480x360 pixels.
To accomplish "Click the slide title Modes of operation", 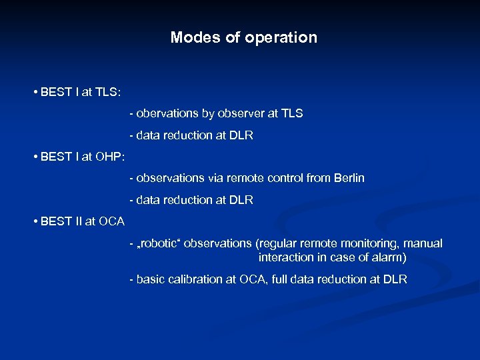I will click(243, 37).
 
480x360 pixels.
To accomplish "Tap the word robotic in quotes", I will click(160, 243).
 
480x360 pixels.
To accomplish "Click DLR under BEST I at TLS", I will click(241, 135).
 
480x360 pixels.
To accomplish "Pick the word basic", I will click(151, 279).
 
